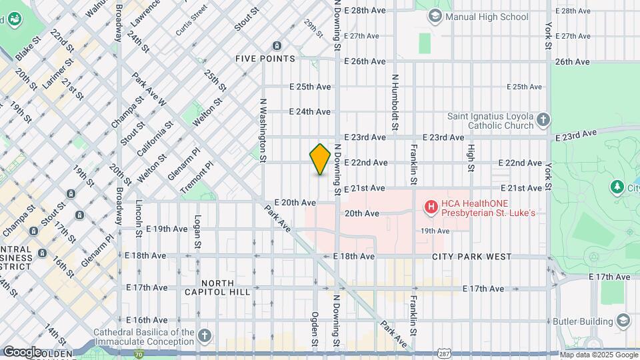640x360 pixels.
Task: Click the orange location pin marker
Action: (320, 159)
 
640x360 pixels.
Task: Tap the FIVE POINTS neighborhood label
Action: (265, 59)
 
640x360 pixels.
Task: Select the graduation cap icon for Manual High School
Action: (435, 16)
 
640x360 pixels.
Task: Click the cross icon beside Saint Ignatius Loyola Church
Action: (543, 120)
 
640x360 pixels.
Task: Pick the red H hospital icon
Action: (431, 208)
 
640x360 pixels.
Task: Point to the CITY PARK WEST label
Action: (471, 257)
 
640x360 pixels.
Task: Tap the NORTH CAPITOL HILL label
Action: (217, 287)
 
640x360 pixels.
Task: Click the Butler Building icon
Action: (623, 321)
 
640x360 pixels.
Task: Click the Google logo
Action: (22, 351)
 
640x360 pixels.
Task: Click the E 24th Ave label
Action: (310, 112)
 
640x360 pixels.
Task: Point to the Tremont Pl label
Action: (197, 179)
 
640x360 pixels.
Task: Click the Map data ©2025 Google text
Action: (598, 354)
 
